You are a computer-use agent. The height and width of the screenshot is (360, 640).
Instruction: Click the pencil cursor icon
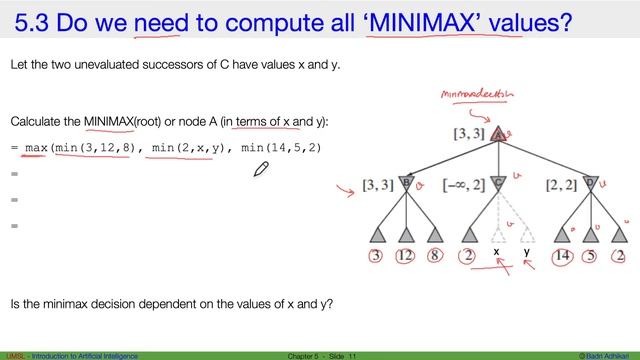tap(261, 169)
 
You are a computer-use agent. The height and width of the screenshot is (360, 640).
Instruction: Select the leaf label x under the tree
tap(497, 253)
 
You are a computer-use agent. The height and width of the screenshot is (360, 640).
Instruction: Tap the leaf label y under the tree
tap(527, 253)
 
